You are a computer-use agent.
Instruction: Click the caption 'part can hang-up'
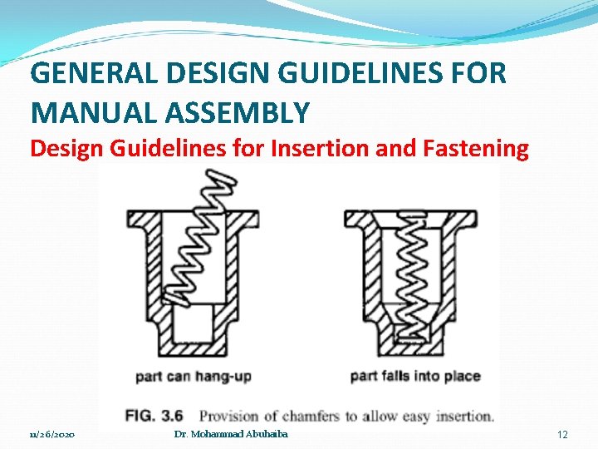tap(194, 377)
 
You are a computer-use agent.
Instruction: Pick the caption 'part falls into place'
tap(415, 377)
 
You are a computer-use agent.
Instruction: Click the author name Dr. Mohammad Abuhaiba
tap(232, 435)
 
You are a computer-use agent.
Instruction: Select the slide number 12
tap(562, 435)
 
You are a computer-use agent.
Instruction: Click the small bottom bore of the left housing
tap(193, 324)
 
